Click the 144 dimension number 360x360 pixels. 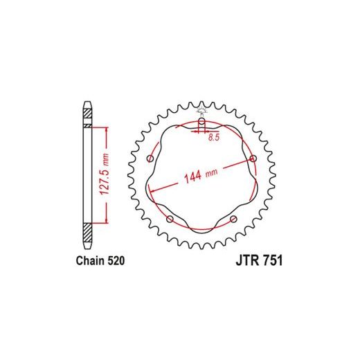[x=192, y=177]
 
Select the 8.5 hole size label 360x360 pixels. [x=214, y=137]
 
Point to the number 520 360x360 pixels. [x=116, y=260]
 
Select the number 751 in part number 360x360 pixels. [x=272, y=260]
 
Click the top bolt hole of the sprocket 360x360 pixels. [x=201, y=121]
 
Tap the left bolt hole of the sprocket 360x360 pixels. [x=150, y=159]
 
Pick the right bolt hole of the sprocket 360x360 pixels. [x=253, y=159]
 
